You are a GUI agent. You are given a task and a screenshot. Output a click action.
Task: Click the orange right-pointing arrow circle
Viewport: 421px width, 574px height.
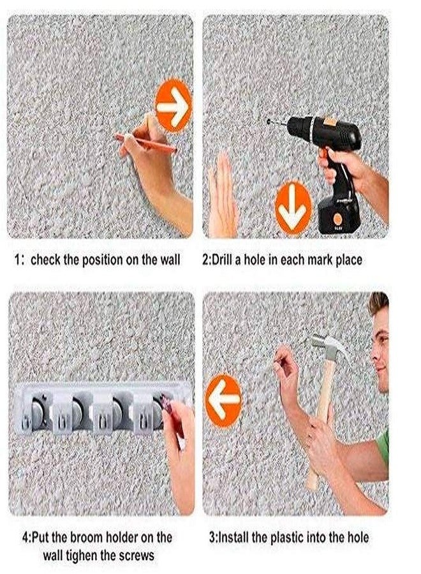(173, 105)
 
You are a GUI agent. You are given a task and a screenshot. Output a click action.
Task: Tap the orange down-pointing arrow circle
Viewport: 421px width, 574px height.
(293, 209)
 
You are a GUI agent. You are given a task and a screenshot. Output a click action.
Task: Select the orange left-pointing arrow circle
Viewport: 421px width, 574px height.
(223, 401)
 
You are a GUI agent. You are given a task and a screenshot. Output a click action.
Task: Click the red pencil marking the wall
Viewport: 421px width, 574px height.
(145, 143)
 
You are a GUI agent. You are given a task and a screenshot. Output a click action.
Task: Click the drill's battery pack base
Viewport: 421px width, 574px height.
(339, 216)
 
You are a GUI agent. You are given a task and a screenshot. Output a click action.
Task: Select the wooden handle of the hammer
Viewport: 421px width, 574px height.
(321, 425)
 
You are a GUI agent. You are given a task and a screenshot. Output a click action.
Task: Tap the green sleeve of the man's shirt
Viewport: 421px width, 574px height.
(383, 448)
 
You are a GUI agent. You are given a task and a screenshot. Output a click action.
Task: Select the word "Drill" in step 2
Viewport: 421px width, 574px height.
(221, 260)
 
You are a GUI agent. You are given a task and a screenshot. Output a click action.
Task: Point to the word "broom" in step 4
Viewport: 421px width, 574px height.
(85, 538)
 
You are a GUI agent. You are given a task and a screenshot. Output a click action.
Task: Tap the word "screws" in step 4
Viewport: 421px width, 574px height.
(135, 556)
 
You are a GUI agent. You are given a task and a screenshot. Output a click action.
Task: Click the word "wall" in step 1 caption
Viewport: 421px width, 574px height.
(170, 260)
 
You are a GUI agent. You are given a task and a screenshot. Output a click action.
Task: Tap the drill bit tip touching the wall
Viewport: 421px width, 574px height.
(269, 121)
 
